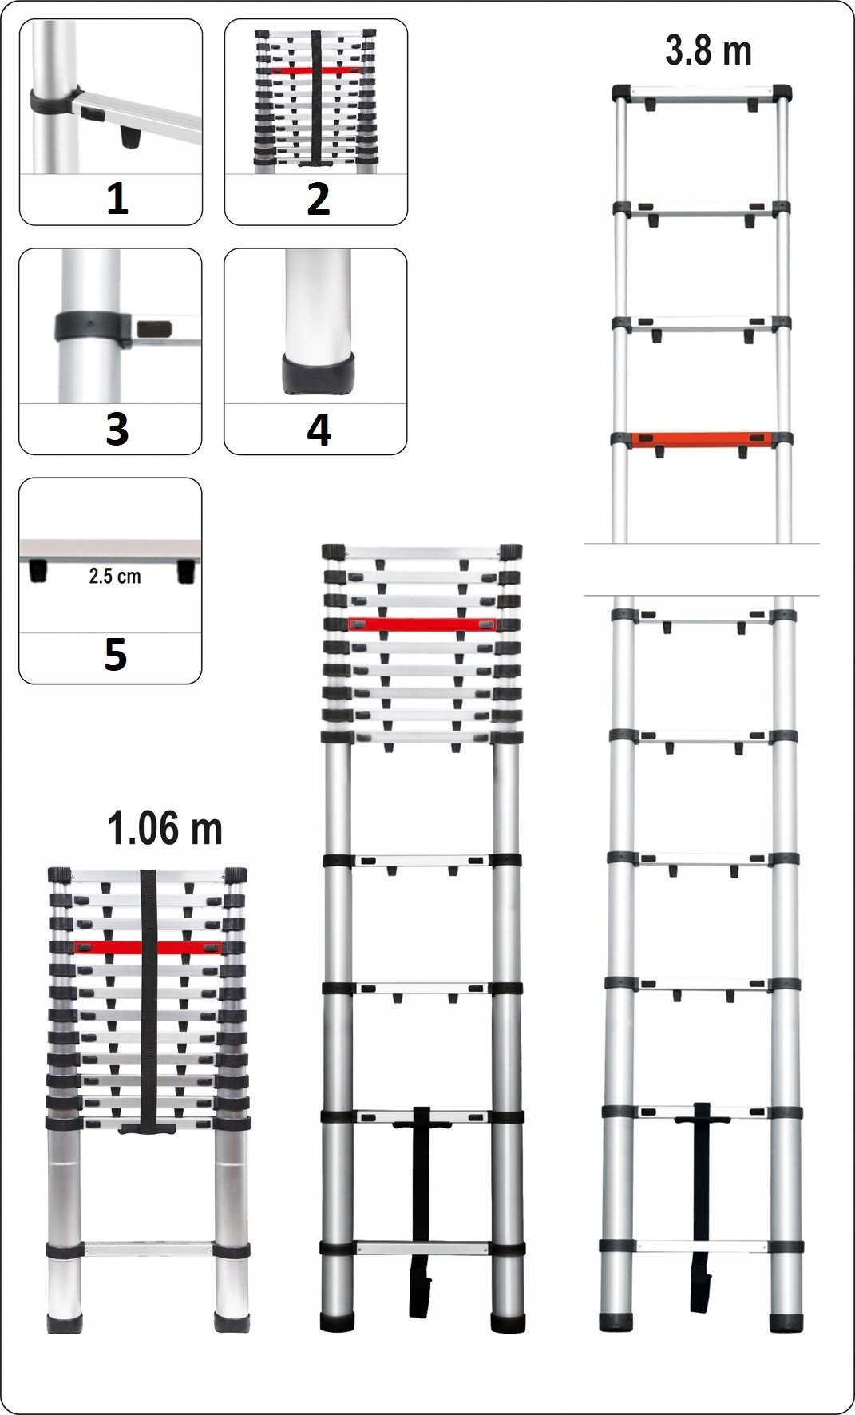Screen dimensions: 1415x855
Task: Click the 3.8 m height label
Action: tap(708, 50)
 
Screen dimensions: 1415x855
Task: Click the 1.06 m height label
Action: tap(164, 828)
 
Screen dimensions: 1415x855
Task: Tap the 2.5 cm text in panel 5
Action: tap(114, 576)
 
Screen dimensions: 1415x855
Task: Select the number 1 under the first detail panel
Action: tap(117, 199)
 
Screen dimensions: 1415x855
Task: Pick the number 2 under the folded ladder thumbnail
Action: tap(318, 199)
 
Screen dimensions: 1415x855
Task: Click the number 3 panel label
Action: tap(117, 430)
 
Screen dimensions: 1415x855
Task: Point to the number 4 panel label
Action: tap(319, 430)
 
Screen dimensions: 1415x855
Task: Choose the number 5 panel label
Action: tap(115, 656)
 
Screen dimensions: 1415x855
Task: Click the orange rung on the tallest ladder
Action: tap(701, 440)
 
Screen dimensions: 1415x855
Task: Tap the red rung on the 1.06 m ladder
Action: tap(147, 947)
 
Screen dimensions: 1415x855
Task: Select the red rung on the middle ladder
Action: tap(422, 624)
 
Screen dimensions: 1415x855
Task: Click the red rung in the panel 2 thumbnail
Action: tap(317, 70)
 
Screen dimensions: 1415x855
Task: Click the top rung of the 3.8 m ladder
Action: tap(702, 93)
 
